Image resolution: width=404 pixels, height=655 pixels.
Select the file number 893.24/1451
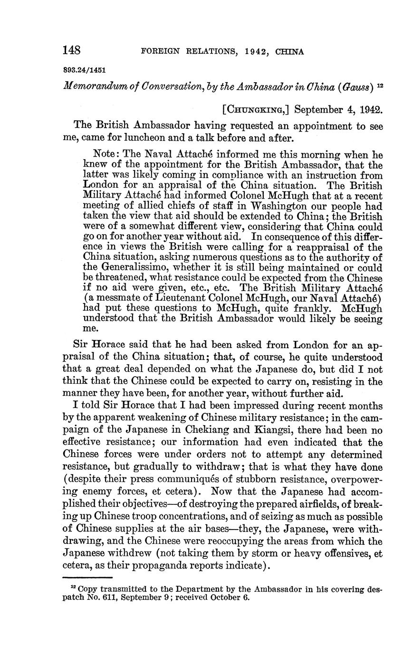(84, 69)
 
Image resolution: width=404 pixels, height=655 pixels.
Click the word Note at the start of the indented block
(106, 155)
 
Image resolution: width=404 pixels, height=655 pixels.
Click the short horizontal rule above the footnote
(87, 578)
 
